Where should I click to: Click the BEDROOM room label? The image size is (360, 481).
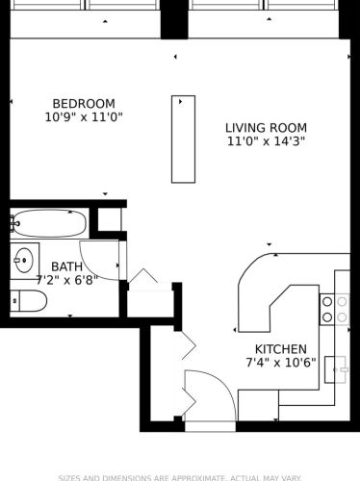coord(83,104)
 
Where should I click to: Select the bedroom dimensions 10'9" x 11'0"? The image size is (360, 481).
coord(83,117)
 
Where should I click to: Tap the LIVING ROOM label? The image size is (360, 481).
coord(266,128)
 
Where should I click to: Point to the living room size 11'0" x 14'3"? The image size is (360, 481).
coord(266,141)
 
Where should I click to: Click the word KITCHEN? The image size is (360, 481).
coord(280,349)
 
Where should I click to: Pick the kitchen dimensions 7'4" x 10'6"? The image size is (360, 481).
coord(280,363)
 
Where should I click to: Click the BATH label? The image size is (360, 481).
coord(66,266)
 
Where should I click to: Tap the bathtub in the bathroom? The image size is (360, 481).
coord(50,223)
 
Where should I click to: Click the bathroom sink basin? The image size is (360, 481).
coord(23,260)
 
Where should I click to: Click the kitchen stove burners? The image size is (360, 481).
coord(334,309)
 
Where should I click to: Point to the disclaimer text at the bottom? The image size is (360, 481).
coord(179,477)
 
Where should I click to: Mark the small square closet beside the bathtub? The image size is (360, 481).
coord(110,220)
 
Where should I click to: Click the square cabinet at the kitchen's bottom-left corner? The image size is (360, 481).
coord(258,405)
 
